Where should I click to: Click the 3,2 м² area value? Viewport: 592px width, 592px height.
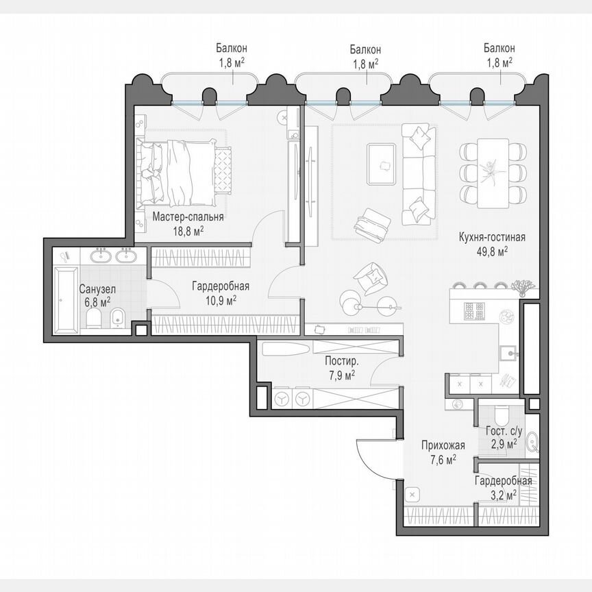click(x=502, y=493)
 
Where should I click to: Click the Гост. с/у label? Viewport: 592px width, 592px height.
click(x=504, y=432)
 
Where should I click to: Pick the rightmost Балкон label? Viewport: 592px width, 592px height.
click(x=499, y=49)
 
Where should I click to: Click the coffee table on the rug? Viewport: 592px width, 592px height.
click(x=381, y=163)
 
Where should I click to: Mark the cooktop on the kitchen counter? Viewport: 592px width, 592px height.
click(x=474, y=312)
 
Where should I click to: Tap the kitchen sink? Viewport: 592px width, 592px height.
click(x=508, y=354)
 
